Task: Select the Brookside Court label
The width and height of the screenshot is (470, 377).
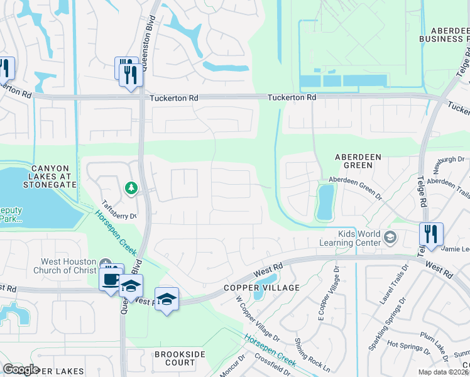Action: coord(180,358)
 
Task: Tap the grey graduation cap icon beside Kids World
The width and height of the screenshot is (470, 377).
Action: coord(390,236)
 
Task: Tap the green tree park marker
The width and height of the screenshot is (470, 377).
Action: coord(131,188)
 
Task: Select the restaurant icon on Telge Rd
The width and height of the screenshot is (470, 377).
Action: coord(431,234)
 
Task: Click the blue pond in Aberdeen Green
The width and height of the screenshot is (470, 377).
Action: coord(325,202)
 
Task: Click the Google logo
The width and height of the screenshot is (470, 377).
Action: coord(21,369)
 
